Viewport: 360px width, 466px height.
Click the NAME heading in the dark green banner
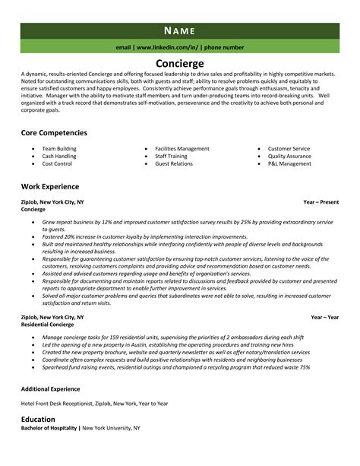[x=180, y=30]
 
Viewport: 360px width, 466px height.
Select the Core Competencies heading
[x=54, y=132]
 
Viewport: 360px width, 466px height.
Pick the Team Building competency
[x=58, y=148]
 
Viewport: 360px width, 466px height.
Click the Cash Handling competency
[x=58, y=156]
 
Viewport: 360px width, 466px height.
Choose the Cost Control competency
[x=56, y=163]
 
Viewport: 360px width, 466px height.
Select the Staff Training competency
[x=171, y=156]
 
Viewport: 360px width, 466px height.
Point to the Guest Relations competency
[x=173, y=163]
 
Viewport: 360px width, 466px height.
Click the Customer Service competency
[x=289, y=148]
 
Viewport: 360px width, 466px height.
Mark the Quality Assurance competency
[x=290, y=156]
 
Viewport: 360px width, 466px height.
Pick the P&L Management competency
[x=289, y=163]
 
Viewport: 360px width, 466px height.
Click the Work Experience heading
[x=50, y=186]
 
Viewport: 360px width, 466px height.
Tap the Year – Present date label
[x=321, y=202]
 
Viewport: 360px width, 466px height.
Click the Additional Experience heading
[x=52, y=388]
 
